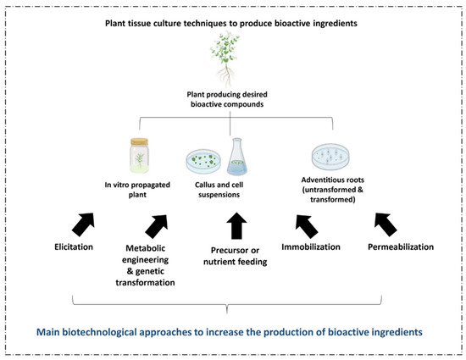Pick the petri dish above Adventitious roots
click(x=332, y=156)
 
